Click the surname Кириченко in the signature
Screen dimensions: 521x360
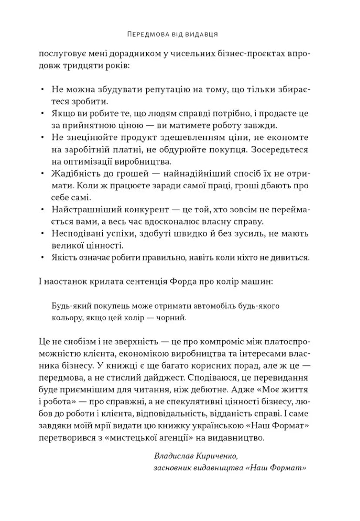click(218, 456)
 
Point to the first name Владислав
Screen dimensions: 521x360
click(175, 456)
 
